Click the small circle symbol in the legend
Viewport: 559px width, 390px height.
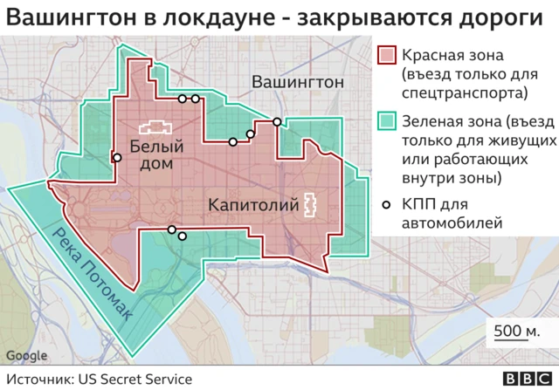[x=388, y=206]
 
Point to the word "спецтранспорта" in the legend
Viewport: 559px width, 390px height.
[x=466, y=92]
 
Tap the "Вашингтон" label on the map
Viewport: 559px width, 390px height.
[x=297, y=82]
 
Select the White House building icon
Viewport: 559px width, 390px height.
[x=152, y=127]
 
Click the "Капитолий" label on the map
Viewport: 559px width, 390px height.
[x=252, y=205]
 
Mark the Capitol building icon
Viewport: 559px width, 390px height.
[x=309, y=205]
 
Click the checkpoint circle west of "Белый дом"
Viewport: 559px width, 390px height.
[x=117, y=158]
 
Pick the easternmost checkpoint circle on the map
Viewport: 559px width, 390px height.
[x=277, y=122]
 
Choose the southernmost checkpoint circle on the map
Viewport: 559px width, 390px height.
[x=182, y=235]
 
